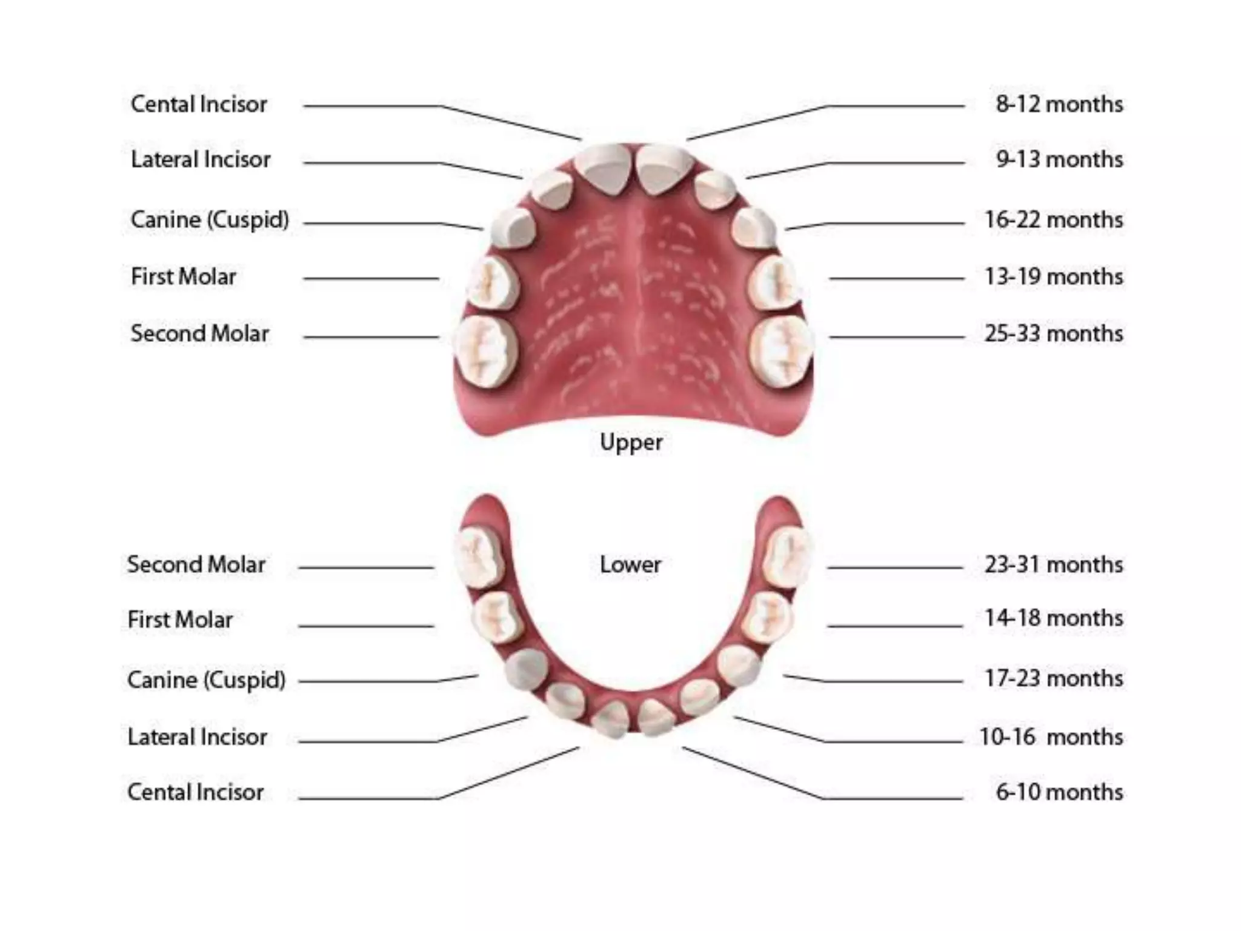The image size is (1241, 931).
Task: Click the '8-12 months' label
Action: pyautogui.click(x=1059, y=104)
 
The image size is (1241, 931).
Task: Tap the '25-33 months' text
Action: pyautogui.click(x=1053, y=333)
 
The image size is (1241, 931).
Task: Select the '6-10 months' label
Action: pyautogui.click(x=1059, y=792)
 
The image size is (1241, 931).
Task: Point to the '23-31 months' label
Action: pyautogui.click(x=1053, y=564)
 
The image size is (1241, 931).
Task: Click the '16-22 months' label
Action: pyautogui.click(x=1053, y=219)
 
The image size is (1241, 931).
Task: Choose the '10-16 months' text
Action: pyautogui.click(x=1051, y=737)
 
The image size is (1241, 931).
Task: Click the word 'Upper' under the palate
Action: pyautogui.click(x=631, y=442)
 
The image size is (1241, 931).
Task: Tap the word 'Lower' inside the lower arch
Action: pyautogui.click(x=630, y=565)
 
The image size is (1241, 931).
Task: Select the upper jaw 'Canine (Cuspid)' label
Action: pyautogui.click(x=210, y=220)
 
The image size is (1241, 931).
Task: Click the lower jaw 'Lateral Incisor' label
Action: pyautogui.click(x=197, y=737)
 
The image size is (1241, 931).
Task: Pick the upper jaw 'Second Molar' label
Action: pyautogui.click(x=199, y=333)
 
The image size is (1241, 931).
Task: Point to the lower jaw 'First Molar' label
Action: pyautogui.click(x=180, y=619)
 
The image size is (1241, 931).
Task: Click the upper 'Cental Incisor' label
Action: pyautogui.click(x=199, y=104)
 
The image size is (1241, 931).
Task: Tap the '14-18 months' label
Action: pyautogui.click(x=1053, y=618)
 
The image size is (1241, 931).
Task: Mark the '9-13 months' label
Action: pyautogui.click(x=1059, y=159)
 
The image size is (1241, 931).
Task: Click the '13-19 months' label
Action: pyautogui.click(x=1053, y=276)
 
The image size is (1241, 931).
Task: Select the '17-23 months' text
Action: pyautogui.click(x=1053, y=678)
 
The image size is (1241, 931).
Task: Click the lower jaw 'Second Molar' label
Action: pyautogui.click(x=196, y=564)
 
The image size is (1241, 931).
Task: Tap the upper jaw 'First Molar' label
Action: pyautogui.click(x=183, y=276)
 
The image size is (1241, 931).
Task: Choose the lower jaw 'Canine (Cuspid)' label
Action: pyautogui.click(x=206, y=680)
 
